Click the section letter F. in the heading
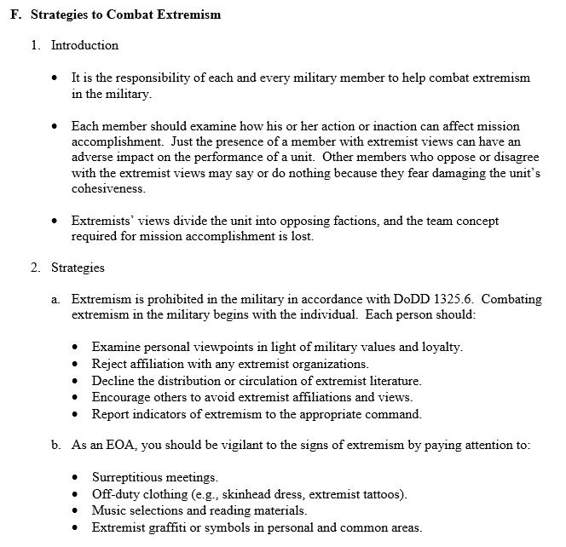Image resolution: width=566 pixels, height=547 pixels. [x=16, y=14]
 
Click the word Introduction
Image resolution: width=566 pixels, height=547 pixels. [x=84, y=45]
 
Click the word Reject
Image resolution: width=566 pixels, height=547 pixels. [x=111, y=364]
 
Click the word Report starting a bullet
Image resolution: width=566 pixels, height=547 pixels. [x=112, y=415]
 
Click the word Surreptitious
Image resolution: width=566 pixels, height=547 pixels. [x=130, y=477]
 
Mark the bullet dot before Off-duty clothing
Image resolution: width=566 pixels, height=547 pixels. [x=77, y=494]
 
